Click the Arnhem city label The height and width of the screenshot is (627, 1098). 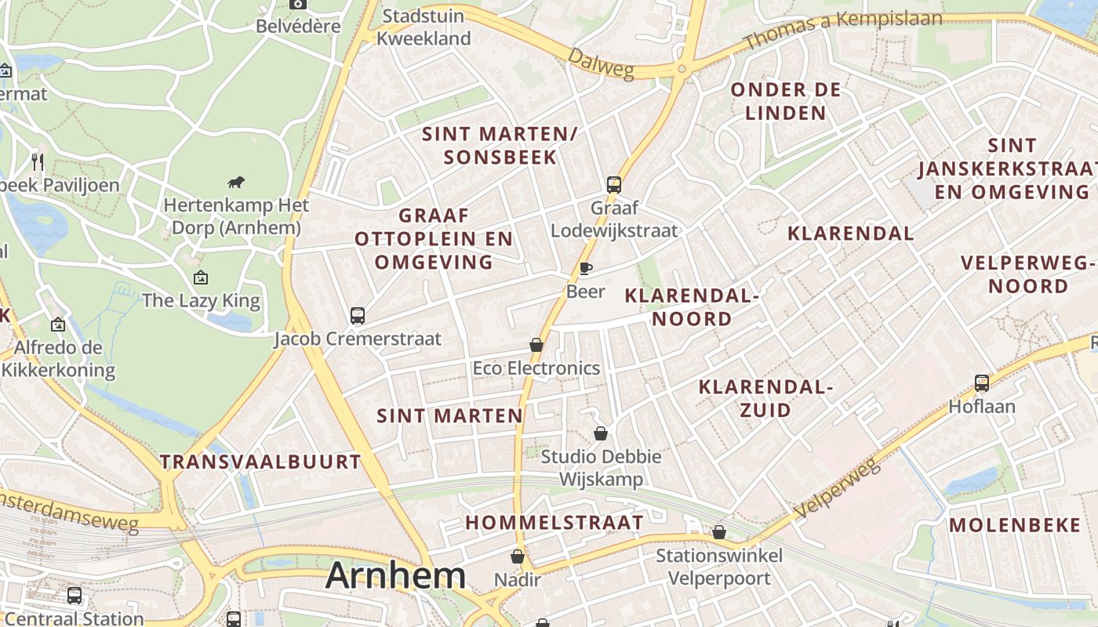point(395,575)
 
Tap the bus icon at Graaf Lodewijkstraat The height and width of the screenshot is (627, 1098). point(614,185)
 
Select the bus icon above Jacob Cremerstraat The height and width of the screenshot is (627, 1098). point(358,316)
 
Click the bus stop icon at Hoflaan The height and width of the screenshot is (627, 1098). point(982,383)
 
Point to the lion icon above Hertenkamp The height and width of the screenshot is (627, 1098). point(235,183)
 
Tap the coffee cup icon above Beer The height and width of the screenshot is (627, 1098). point(585,269)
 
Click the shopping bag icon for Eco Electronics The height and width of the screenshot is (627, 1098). point(536,345)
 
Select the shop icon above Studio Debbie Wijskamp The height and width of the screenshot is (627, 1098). point(601,433)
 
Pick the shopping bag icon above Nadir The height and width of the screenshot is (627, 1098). point(518,556)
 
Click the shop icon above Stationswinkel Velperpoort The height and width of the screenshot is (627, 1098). point(719,533)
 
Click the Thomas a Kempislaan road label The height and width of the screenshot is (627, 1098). point(842,28)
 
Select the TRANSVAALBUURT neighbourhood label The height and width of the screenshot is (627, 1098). point(260,462)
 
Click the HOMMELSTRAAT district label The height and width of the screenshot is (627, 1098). point(554,522)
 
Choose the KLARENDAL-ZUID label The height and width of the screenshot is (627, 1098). point(765,398)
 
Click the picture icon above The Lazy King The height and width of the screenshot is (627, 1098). point(201,277)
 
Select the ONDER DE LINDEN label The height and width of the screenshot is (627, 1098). point(786,101)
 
